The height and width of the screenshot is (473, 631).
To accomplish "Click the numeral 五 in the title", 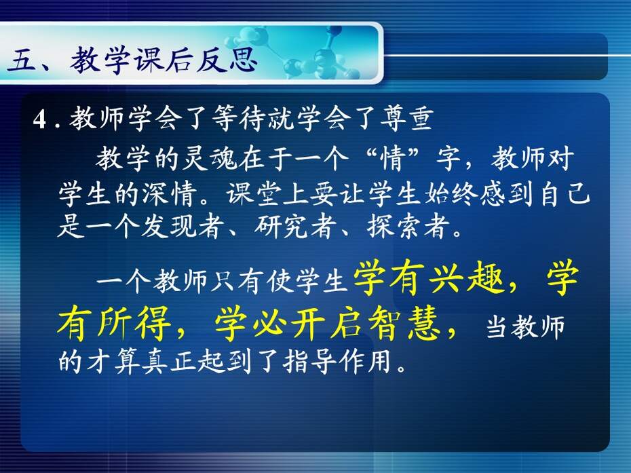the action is [x=21, y=61].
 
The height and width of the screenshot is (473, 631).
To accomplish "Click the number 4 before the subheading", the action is [x=41, y=119].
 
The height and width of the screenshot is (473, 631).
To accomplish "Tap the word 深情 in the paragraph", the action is [x=170, y=194].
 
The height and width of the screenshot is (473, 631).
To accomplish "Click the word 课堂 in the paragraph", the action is [x=254, y=194].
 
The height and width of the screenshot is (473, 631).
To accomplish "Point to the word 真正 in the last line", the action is [x=170, y=362].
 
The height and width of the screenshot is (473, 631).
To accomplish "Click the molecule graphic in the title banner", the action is [x=294, y=52].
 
